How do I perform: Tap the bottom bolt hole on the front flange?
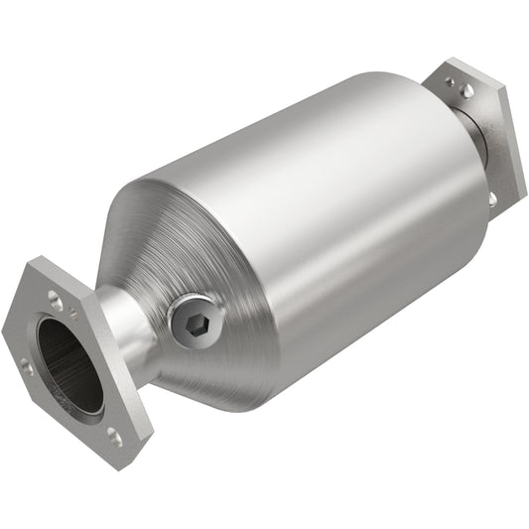point(113,434)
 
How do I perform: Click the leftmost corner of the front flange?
point(5,328)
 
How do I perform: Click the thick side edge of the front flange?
point(144,417)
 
